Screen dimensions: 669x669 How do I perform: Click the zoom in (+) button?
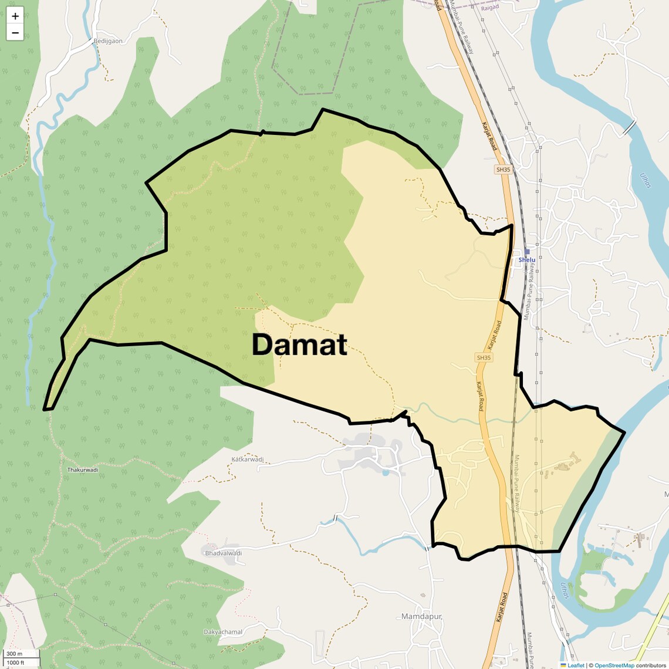click(x=15, y=16)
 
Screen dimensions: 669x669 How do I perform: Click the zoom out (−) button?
click(x=15, y=33)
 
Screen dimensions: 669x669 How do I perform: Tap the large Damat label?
click(x=299, y=345)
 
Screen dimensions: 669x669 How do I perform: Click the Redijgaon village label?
click(x=108, y=41)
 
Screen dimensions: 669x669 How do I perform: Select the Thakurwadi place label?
click(x=82, y=469)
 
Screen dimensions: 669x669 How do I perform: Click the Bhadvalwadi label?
click(x=223, y=553)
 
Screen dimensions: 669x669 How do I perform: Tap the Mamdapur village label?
click(x=421, y=616)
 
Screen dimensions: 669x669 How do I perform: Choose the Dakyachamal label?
click(x=223, y=631)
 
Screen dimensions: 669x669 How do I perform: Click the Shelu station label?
click(x=526, y=259)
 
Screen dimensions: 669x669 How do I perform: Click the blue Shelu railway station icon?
click(x=526, y=252)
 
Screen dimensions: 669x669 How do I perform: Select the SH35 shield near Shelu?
click(x=503, y=170)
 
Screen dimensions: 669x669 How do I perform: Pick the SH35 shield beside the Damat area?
click(x=484, y=357)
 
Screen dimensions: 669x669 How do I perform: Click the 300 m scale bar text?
click(x=14, y=654)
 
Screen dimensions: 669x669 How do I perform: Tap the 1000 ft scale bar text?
click(x=16, y=663)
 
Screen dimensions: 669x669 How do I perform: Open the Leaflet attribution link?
click(x=575, y=665)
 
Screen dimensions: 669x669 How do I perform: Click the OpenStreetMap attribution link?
click(x=614, y=665)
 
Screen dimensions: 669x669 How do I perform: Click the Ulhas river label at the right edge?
click(x=646, y=181)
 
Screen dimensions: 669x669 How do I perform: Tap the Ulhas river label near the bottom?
click(x=565, y=590)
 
